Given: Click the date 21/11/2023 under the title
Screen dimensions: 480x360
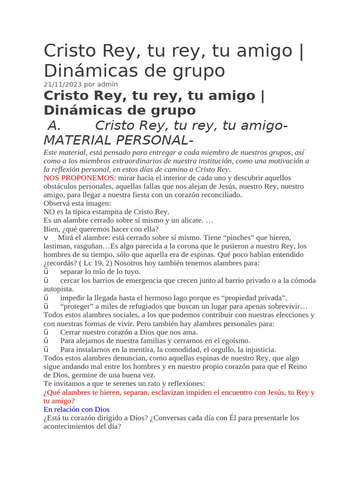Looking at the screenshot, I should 62,84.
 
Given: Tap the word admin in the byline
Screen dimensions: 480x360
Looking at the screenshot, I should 108,84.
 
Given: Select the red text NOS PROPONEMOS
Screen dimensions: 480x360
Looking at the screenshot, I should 78,178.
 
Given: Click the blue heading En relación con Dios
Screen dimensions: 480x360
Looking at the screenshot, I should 76,409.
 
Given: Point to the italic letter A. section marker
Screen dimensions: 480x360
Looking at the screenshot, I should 55,126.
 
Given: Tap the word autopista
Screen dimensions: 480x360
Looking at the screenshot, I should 58,289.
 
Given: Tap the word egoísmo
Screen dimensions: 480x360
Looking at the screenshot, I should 232,341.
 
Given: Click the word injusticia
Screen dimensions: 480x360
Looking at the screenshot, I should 257,349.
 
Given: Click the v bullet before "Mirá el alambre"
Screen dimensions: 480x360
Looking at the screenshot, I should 46,238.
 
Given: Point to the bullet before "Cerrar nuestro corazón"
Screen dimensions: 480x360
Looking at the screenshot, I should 46,332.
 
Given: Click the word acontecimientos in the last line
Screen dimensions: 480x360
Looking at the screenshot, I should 73,427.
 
